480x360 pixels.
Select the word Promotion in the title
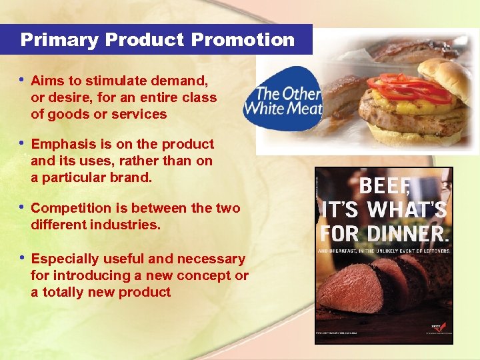point(243,40)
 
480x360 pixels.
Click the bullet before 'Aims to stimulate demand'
point(23,80)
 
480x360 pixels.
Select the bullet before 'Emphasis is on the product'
point(23,143)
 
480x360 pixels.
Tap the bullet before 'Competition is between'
point(23,207)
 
